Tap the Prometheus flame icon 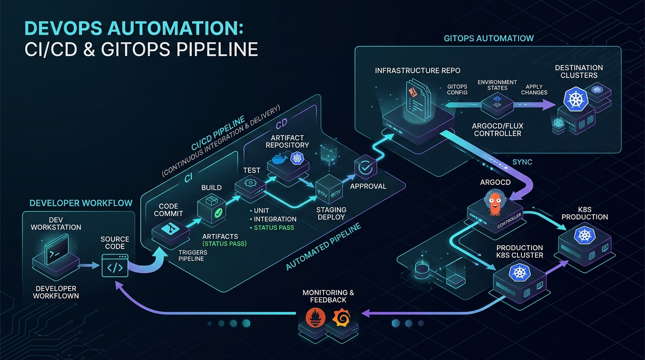[x=315, y=318]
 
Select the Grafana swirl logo [x=342, y=317]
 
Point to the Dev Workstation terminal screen [x=57, y=249]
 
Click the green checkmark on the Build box [x=218, y=213]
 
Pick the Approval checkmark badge [x=366, y=167]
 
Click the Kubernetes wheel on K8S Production [x=585, y=235]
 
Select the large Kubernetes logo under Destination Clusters [x=576, y=99]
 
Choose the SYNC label [x=522, y=162]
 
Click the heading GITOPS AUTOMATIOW [x=488, y=38]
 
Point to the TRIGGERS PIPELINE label [x=193, y=255]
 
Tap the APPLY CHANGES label [x=534, y=90]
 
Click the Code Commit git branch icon [x=171, y=228]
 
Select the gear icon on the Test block [x=250, y=183]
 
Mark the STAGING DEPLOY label [x=331, y=213]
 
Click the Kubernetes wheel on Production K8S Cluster [x=520, y=272]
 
